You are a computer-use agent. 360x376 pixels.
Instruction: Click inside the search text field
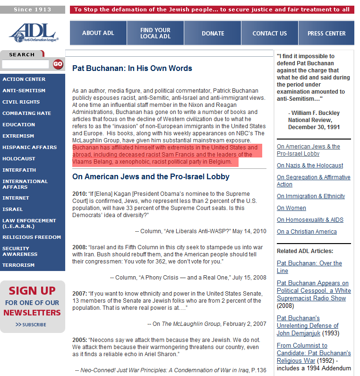26,64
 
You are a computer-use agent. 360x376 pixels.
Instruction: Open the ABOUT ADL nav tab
98,33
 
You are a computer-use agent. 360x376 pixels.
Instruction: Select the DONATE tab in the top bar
213,33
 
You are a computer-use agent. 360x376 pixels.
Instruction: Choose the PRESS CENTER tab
326,33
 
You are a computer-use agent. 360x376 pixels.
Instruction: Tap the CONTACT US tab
269,33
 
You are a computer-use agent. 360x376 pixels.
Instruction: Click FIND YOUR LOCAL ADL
155,33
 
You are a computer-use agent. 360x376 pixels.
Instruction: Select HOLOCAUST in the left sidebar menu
19,159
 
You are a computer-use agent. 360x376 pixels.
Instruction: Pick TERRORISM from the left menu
18,265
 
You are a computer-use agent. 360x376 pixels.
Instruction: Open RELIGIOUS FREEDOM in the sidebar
32,237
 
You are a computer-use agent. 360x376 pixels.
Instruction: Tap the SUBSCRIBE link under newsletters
31,324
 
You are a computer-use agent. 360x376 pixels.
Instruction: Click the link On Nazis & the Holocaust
310,166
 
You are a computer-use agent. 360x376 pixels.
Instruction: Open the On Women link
291,208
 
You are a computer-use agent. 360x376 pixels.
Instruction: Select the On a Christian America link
307,232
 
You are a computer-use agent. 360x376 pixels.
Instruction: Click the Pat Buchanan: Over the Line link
309,267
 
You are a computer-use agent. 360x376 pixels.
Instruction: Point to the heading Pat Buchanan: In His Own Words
132,68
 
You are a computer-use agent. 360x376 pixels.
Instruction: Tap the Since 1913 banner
32,9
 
